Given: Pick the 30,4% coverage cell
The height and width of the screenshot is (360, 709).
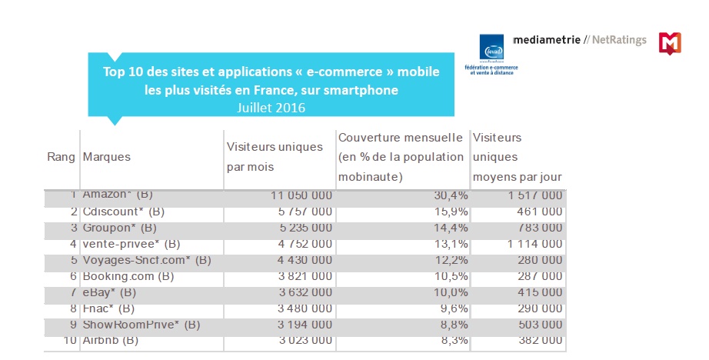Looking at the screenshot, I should pyautogui.click(x=446, y=195).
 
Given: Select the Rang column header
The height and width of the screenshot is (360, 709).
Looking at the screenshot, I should pyautogui.click(x=62, y=157).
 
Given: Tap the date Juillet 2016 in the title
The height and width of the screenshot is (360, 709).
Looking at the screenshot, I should pyautogui.click(x=271, y=108).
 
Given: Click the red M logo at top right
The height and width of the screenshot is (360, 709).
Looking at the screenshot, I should pyautogui.click(x=670, y=43).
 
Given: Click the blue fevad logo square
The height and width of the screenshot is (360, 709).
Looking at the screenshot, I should pyautogui.click(x=491, y=48).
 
